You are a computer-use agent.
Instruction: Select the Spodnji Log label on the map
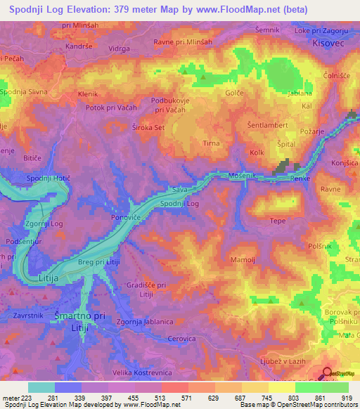(x=180, y=204)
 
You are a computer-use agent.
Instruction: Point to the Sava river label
(x=180, y=190)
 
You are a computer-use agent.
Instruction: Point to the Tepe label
(x=278, y=221)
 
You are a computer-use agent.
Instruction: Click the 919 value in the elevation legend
(x=345, y=398)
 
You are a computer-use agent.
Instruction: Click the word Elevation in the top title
(x=100, y=10)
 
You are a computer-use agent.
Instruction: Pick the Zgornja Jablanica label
(x=145, y=321)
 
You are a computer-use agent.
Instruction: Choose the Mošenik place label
(x=243, y=174)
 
